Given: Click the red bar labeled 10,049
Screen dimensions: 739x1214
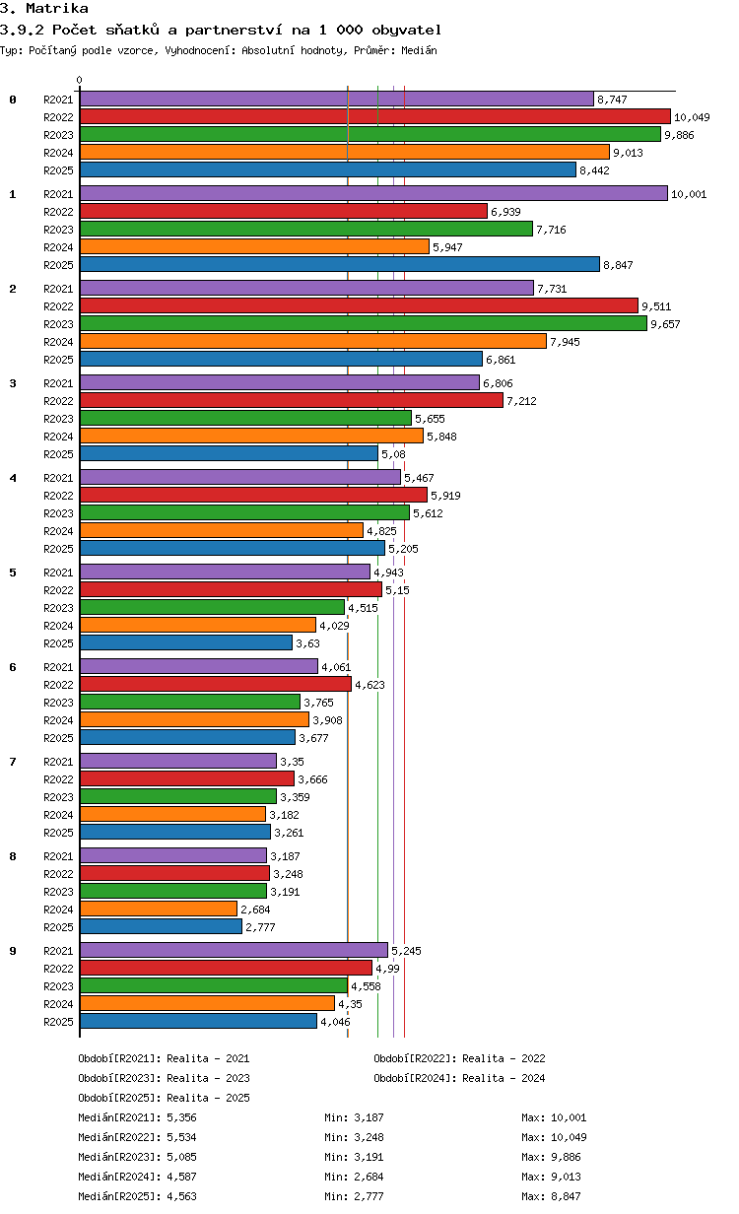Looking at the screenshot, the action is pos(374,116).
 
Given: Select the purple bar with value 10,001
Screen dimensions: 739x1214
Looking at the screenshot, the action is pos(373,193).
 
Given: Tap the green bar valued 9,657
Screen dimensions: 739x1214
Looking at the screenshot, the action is pos(364,323).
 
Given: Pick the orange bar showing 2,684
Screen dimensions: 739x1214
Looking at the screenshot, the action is pos(159,909).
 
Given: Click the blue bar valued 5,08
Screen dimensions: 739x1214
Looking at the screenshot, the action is pos(230,453).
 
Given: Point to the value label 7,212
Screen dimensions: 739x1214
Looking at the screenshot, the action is pos(522,401).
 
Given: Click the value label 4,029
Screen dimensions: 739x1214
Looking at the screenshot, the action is pos(334,626).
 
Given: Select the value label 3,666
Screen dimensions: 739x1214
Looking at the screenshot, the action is pos(312,779).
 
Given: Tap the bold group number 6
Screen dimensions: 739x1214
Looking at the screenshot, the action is pos(13,667).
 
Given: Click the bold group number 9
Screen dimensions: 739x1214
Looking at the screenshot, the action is pos(13,951).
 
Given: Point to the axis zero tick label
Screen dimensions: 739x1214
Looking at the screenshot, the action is pos(79,80).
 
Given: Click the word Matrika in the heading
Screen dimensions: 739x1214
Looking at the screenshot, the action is pos(57,8).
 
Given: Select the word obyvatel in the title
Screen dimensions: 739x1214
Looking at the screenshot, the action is pos(406,30).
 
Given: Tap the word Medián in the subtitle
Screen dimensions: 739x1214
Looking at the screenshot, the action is pos(419,50).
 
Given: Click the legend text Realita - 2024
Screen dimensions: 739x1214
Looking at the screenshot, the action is pos(504,1078).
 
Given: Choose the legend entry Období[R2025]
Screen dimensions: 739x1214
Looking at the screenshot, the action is pos(120,1098).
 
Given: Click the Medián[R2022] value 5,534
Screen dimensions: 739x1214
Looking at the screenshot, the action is pos(181,1137).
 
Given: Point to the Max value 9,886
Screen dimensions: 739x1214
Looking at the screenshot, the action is pos(566,1157).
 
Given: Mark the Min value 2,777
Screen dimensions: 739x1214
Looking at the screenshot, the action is pos(369,1196).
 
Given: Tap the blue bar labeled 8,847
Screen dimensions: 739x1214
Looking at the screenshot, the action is pos(340,264).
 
